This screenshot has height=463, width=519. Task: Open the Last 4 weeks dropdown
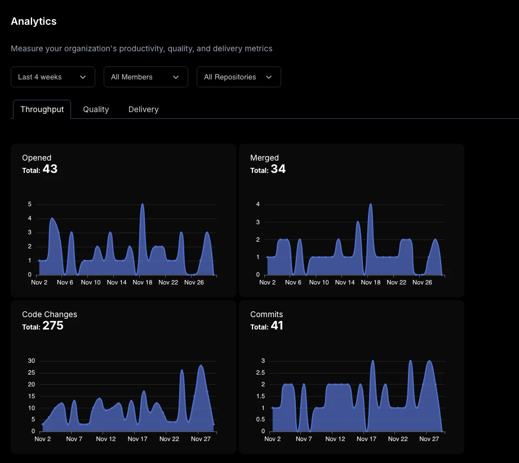pos(52,77)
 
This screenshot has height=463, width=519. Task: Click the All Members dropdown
pos(145,77)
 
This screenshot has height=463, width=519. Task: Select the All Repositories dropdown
pos(238,77)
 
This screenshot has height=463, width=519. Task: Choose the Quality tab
pos(96,109)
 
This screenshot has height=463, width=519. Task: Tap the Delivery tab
pos(143,109)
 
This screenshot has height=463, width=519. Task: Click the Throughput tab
pos(42,109)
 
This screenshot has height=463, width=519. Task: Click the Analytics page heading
pos(34,21)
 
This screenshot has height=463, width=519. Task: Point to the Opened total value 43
pos(50,169)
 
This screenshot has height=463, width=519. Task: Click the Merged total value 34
pos(278,169)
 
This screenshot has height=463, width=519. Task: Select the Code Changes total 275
pos(53,326)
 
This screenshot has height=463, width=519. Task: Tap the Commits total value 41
pos(277,326)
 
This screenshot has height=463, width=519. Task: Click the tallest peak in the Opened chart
pos(142,204)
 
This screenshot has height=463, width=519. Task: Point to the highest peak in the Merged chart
pos(370,204)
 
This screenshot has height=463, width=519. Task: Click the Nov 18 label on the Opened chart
pos(142,282)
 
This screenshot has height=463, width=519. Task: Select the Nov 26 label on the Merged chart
pos(422,282)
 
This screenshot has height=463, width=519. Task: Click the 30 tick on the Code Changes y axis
pos(32,361)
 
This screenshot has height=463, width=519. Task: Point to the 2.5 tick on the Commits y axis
pos(259,373)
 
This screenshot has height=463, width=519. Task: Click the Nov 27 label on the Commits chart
pos(427,439)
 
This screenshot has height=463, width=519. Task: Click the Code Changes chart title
pos(50,314)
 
